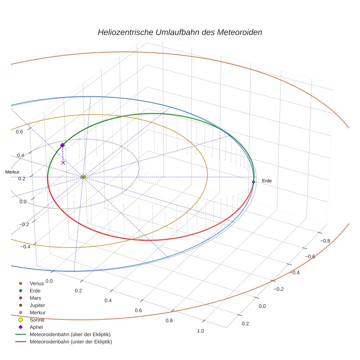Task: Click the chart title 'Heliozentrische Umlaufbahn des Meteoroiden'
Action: coord(180,32)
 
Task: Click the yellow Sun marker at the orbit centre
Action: coord(83,177)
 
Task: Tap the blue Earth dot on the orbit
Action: coord(253,182)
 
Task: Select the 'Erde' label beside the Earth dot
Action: coord(267,181)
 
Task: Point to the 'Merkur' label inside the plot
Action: coord(12,172)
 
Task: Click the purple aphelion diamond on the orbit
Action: coord(62,145)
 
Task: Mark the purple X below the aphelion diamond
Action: coord(63,162)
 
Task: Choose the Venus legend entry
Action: coord(36,283)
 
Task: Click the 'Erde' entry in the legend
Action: coord(35,290)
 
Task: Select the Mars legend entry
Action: coord(35,298)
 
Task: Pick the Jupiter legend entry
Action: coord(37,305)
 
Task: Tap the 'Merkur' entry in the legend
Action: coord(37,312)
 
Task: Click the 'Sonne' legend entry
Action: coord(37,320)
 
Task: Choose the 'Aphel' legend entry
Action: coord(36,327)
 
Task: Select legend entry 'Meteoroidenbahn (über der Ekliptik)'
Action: coord(70,334)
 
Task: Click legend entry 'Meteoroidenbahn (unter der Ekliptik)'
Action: coord(71,342)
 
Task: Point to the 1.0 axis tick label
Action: coord(200,331)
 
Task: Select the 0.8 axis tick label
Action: coord(169,320)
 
